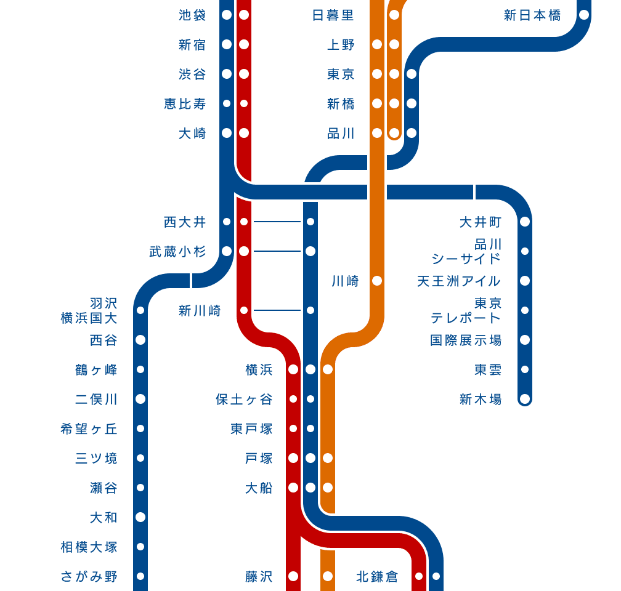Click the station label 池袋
192,15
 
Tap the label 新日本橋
532,15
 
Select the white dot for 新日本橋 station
584,15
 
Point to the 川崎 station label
345,281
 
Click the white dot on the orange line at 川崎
377,281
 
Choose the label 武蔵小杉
177,251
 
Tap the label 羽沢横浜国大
89,310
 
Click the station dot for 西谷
140,340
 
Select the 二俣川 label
96,399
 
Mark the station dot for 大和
140,517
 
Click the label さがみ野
89,576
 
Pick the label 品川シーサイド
466,251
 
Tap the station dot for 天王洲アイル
525,281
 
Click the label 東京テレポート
466,310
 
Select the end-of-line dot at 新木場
525,399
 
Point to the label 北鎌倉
377,576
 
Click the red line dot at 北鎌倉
419,576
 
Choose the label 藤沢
259,576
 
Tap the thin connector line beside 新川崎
277,310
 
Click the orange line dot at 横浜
328,369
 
